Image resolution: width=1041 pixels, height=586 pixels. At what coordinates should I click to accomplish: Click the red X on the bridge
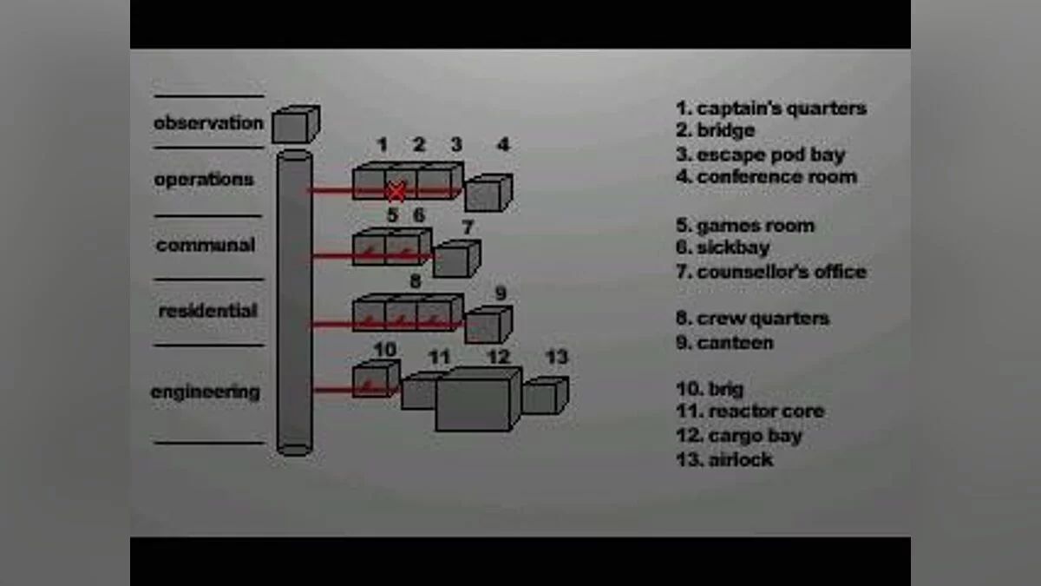(396, 192)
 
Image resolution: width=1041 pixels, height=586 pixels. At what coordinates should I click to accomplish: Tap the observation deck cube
(296, 124)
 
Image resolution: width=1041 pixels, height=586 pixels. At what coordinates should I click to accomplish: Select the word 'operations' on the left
(204, 180)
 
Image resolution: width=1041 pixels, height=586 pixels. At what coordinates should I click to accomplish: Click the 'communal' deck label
(206, 245)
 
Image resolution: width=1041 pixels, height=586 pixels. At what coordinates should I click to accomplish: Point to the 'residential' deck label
(207, 311)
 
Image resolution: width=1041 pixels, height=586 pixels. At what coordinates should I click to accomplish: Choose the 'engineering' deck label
(206, 392)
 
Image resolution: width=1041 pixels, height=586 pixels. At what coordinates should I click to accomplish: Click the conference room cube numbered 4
(488, 193)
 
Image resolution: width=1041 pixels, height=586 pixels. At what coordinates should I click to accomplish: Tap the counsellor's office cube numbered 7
(457, 259)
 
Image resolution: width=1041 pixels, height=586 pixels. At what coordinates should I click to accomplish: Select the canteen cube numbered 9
(488, 325)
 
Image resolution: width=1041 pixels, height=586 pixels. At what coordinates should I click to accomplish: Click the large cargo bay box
(479, 399)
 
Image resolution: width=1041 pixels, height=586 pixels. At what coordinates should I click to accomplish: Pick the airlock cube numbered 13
(545, 395)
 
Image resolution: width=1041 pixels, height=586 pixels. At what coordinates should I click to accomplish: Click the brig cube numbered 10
(376, 379)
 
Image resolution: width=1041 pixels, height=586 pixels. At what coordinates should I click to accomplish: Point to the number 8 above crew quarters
(416, 281)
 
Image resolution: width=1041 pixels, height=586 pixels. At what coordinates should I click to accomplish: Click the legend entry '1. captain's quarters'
(771, 109)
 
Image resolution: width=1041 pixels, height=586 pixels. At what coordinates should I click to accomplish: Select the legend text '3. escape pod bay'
(760, 155)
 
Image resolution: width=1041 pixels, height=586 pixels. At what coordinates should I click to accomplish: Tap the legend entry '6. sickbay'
(723, 247)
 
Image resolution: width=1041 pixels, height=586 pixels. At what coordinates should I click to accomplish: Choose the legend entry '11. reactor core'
(750, 412)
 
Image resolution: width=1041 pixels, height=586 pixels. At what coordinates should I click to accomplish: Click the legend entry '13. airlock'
(724, 459)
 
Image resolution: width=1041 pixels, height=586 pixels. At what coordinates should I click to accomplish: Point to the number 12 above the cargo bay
(499, 357)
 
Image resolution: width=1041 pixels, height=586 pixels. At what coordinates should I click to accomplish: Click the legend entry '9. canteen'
(724, 343)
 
